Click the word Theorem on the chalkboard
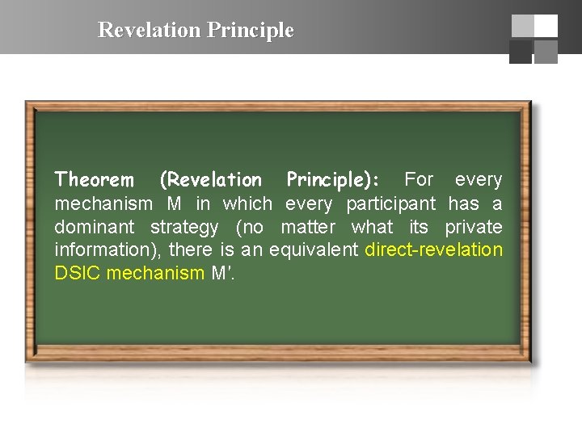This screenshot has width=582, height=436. click(x=94, y=179)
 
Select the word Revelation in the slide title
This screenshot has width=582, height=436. click(x=150, y=31)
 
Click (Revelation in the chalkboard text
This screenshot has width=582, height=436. click(x=211, y=179)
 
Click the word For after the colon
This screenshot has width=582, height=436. click(x=419, y=178)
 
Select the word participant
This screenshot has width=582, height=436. click(x=390, y=203)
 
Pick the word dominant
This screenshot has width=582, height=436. click(x=91, y=227)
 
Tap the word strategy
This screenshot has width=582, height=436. click(x=184, y=227)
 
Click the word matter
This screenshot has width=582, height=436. click(x=307, y=227)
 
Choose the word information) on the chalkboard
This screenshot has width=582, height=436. click(x=107, y=249)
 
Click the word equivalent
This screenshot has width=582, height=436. click(x=313, y=249)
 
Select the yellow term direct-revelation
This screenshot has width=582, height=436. click(x=433, y=249)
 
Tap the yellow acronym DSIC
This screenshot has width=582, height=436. click(x=78, y=273)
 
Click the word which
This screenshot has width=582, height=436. click(x=247, y=203)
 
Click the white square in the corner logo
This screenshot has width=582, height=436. click(x=546, y=26)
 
